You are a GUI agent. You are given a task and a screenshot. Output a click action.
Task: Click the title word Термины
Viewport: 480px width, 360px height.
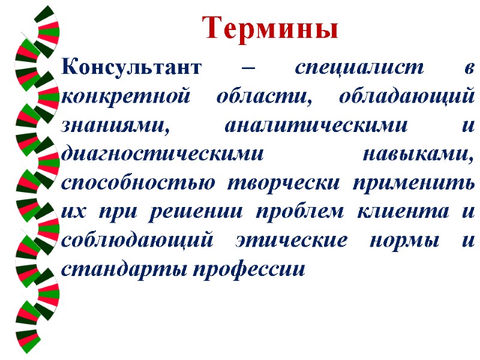(270, 28)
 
